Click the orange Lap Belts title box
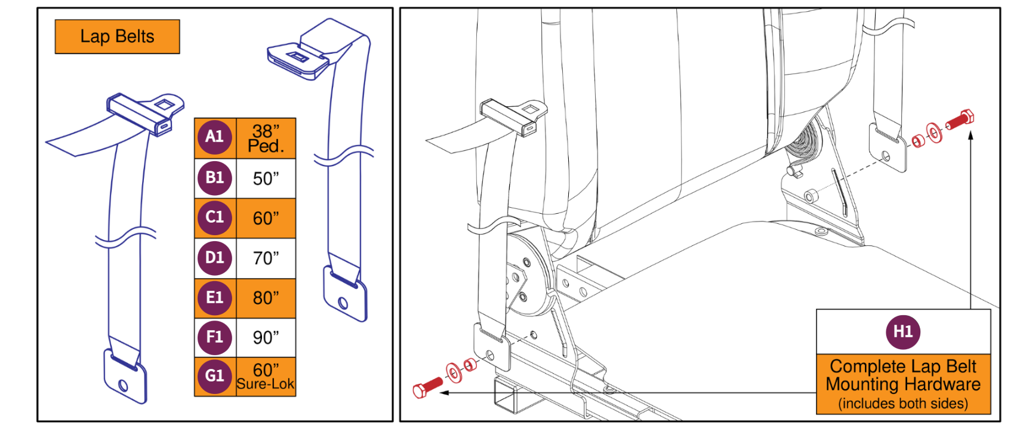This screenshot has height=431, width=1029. [117, 36]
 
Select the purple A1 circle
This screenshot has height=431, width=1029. [214, 137]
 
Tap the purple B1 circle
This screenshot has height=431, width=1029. [214, 178]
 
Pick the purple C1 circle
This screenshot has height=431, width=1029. [214, 218]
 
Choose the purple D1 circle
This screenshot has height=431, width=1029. [214, 258]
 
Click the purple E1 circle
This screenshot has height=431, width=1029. [214, 297]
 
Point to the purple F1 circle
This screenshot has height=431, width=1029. [214, 337]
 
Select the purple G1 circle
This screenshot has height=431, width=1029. [214, 376]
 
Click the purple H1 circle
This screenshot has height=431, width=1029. [902, 332]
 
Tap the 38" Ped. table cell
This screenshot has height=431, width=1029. [266, 138]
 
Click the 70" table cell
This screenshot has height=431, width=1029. [266, 258]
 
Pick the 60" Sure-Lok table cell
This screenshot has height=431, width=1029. [266, 377]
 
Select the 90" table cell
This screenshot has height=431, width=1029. [266, 337]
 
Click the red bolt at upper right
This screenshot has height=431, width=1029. [960, 119]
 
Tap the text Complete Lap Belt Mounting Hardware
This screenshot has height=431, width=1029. [902, 375]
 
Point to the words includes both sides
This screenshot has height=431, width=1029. [902, 404]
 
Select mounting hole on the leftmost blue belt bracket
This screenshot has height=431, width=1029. [124, 385]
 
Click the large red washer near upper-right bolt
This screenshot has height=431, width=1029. [934, 133]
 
